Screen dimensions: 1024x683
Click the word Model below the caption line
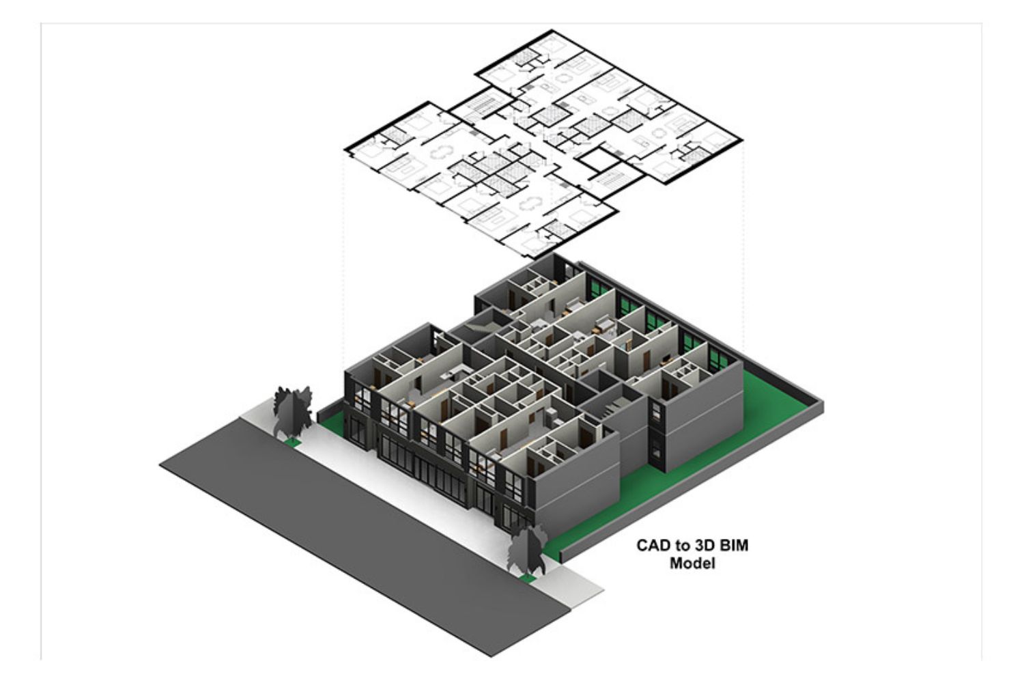pyautogui.click(x=692, y=563)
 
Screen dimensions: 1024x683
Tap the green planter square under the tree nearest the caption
pyautogui.click(x=528, y=579)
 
